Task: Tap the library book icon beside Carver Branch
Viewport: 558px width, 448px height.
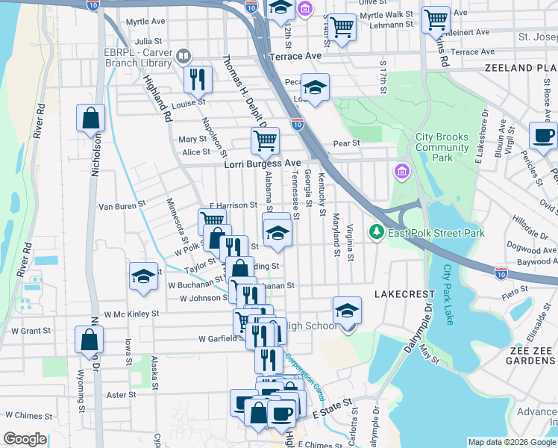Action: (183, 55)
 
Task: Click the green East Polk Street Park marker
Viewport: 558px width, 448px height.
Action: (377, 233)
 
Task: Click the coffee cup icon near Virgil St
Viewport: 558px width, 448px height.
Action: (543, 135)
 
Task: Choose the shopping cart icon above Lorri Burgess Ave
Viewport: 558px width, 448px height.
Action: (265, 139)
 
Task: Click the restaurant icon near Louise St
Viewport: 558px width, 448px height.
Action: (198, 78)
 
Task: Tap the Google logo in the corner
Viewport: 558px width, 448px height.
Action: (25, 439)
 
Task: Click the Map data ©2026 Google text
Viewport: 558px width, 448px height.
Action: (511, 442)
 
